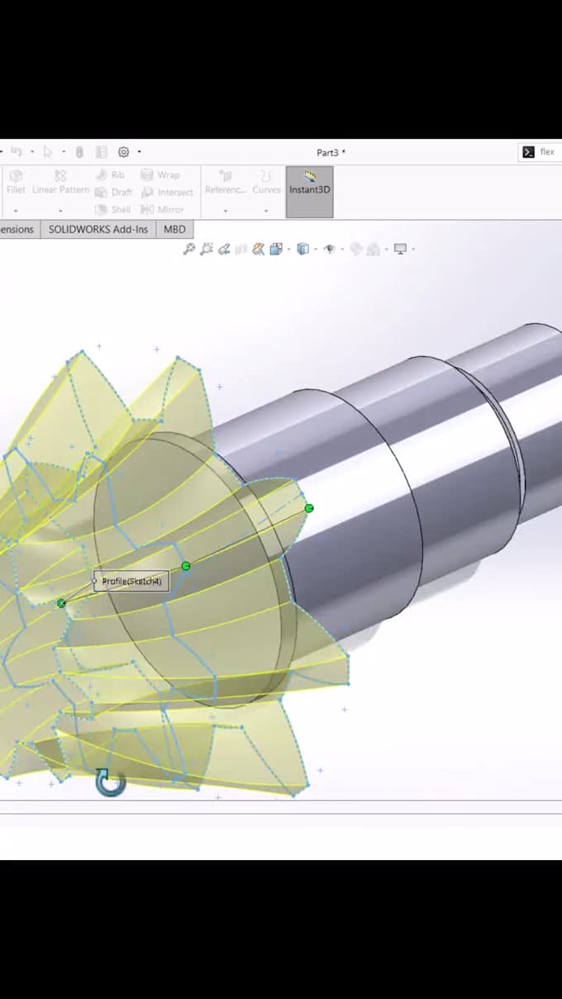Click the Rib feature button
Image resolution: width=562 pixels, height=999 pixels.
111,175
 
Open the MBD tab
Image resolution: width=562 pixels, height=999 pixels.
174,229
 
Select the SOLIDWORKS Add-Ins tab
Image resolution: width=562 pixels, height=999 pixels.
98,229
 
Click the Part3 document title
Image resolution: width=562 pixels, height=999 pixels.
331,152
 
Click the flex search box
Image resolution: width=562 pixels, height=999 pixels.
541,152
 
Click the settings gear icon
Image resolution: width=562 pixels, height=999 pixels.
124,152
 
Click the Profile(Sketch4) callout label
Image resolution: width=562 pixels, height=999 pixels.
132,582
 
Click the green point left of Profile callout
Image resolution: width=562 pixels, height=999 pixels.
62,604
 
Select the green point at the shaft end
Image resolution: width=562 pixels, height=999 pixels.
309,508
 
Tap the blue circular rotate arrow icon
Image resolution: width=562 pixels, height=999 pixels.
110,782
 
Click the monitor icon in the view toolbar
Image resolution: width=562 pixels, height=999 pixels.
401,249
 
